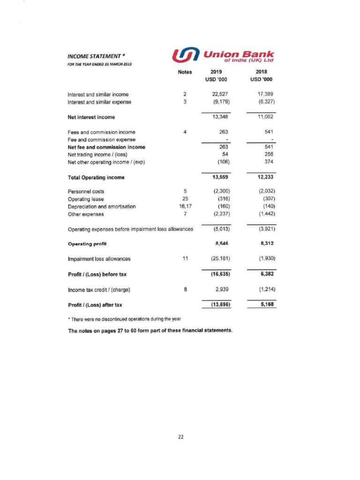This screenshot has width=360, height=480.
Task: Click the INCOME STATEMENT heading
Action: [x=94, y=57]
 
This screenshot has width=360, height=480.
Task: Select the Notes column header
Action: [x=185, y=72]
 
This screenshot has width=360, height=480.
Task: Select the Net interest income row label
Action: [x=91, y=117]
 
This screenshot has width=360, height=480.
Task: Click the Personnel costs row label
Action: [x=86, y=191]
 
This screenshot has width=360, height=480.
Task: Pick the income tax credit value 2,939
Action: [x=220, y=289]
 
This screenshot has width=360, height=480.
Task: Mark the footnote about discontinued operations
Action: [x=125, y=319]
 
